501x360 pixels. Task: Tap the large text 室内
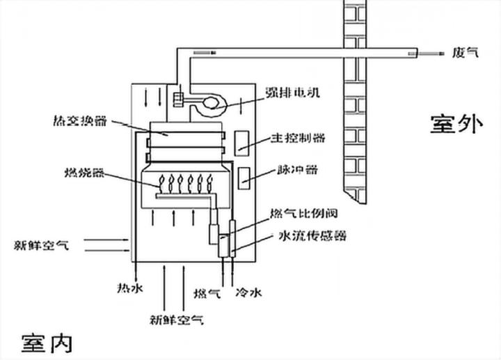[x=46, y=343]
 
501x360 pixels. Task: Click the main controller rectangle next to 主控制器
[x=243, y=142]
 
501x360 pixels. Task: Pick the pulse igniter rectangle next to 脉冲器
[x=246, y=178]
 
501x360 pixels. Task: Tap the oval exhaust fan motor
[x=208, y=105]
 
